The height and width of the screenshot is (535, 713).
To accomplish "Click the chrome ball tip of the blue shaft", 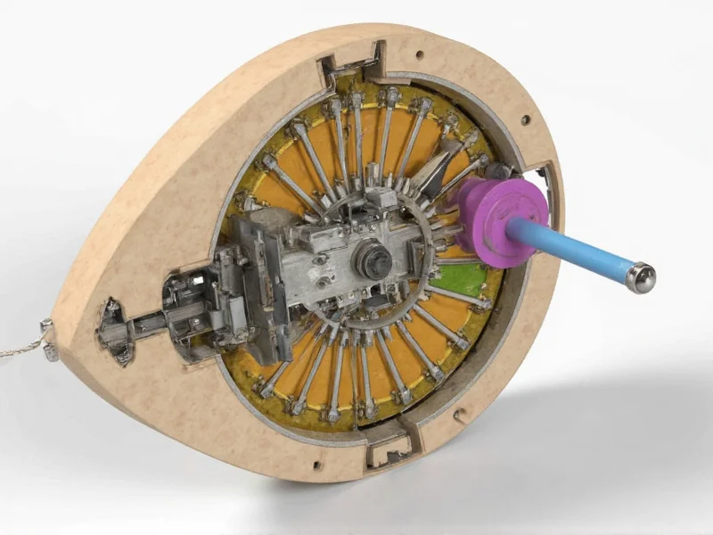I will [641, 278].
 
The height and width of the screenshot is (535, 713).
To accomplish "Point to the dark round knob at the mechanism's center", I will [372, 259].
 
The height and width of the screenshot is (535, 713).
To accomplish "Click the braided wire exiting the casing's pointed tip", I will [18, 348].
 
